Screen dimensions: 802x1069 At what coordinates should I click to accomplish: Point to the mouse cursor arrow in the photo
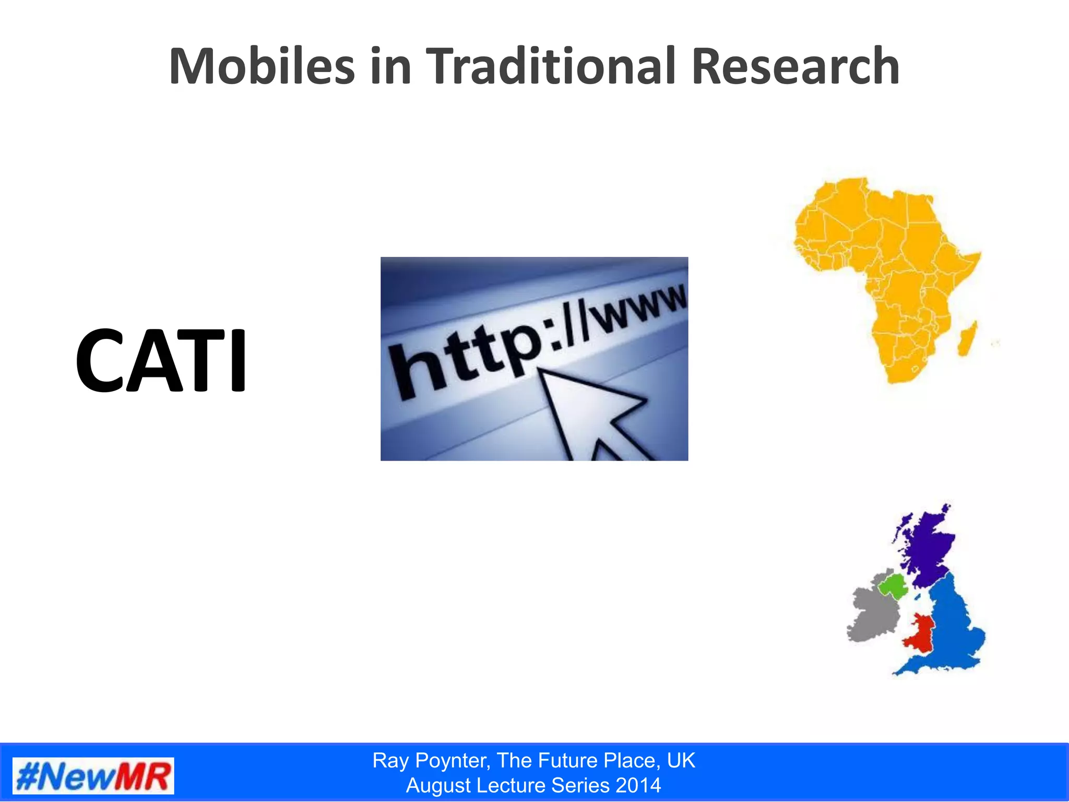click(590, 412)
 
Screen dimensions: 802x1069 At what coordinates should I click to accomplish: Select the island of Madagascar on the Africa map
click(967, 338)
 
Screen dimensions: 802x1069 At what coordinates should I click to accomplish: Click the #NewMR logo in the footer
click(93, 776)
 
